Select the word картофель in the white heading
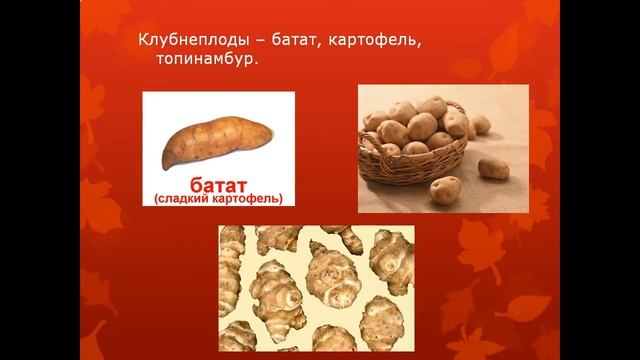(381, 41)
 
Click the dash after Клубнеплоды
(256, 41)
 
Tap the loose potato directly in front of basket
(445, 188)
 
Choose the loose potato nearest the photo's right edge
(492, 167)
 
